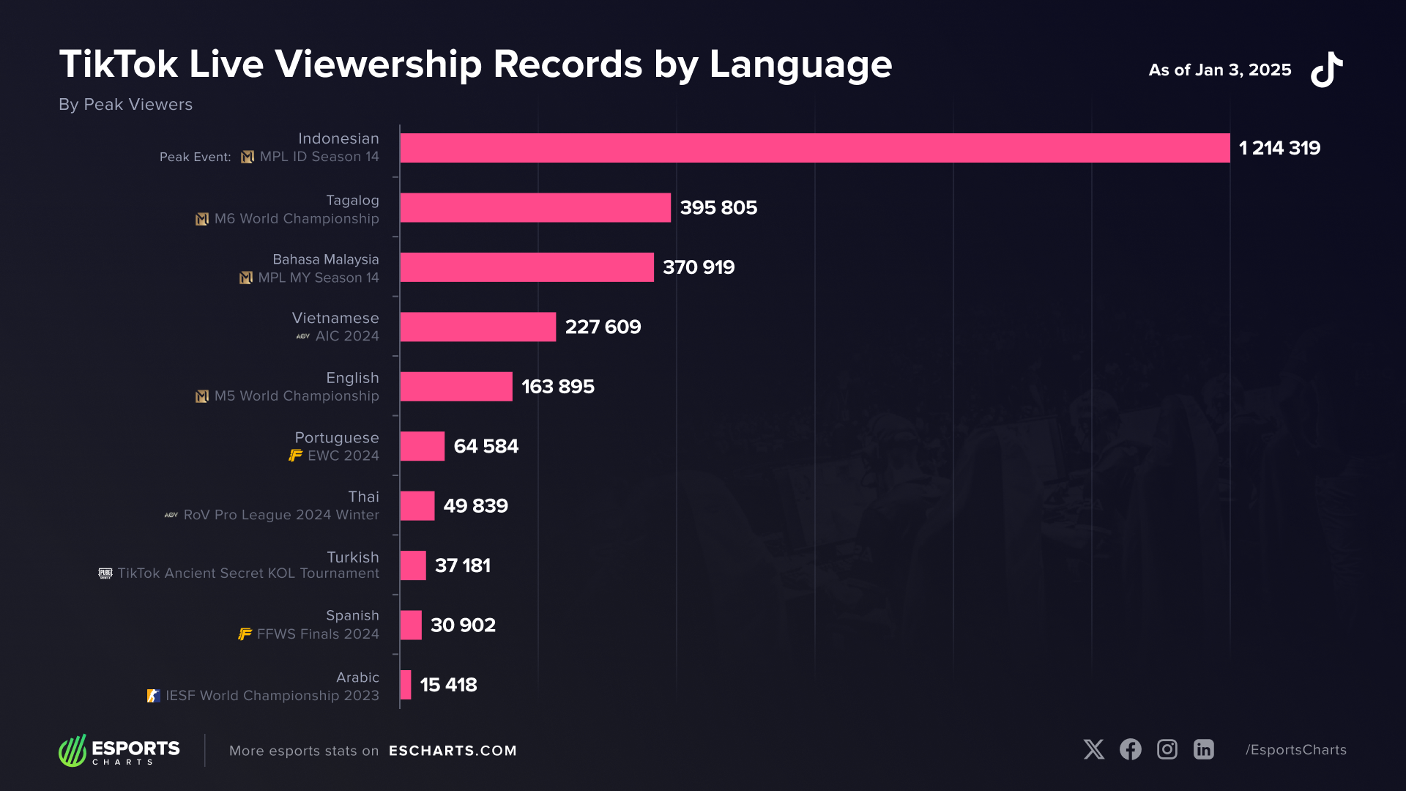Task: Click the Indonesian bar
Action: coord(814,148)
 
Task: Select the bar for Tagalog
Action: coord(535,207)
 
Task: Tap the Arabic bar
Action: coord(406,685)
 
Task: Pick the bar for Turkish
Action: coord(413,565)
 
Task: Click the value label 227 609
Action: coord(603,327)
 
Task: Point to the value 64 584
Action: coord(486,446)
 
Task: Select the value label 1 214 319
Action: coord(1279,148)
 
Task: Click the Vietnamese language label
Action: coord(335,318)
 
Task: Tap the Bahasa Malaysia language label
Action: coord(326,259)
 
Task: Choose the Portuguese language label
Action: coord(337,437)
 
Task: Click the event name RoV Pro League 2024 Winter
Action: coord(281,515)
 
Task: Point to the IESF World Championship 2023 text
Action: coord(272,695)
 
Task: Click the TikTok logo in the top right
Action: coord(1326,70)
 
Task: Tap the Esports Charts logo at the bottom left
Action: coord(119,751)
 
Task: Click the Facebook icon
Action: coord(1130,749)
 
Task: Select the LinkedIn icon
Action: coord(1203,749)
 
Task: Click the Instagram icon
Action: coord(1167,749)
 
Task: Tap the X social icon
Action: coord(1094,749)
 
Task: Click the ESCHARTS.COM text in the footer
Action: coord(453,751)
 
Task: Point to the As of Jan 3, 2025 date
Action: coord(1219,70)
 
